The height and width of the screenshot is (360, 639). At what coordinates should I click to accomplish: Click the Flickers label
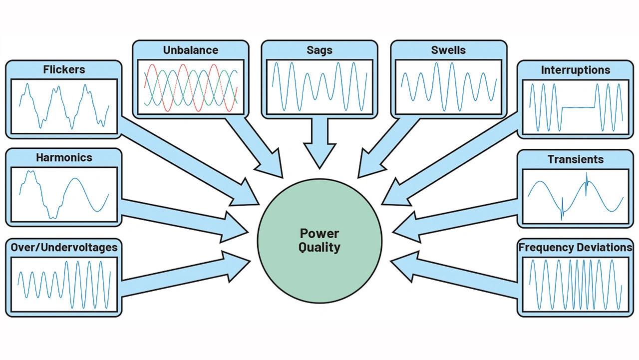click(64, 69)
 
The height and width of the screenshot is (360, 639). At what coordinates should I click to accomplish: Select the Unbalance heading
click(191, 50)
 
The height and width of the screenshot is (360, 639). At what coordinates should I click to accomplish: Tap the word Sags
click(319, 50)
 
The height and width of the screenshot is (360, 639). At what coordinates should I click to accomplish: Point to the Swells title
click(448, 50)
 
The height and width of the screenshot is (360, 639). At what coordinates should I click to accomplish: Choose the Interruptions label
click(576, 70)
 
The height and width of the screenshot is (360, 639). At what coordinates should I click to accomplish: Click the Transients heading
click(576, 159)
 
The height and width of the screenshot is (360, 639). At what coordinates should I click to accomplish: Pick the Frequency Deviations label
click(576, 247)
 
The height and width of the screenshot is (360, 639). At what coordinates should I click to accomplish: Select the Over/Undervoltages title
click(64, 247)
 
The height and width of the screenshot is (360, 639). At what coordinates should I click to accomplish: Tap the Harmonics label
click(64, 157)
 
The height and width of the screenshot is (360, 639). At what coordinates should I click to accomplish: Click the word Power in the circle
click(319, 234)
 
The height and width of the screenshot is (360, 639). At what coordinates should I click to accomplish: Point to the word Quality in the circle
click(319, 247)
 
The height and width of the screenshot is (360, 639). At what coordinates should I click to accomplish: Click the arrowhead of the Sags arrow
click(319, 155)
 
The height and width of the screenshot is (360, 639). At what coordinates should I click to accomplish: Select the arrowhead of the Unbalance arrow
click(270, 165)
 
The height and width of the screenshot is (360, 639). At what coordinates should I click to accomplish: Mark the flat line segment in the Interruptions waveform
click(578, 107)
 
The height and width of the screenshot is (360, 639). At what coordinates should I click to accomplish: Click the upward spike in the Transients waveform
click(587, 183)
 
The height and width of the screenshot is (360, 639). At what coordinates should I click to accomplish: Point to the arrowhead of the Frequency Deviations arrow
click(404, 266)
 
